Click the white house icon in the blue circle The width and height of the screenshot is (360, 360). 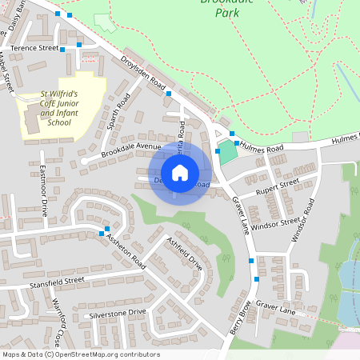(x=180, y=173)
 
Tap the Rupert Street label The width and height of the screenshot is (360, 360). (x=277, y=187)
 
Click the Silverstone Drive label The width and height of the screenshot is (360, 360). (x=118, y=314)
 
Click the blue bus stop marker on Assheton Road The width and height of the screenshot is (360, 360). (x=102, y=233)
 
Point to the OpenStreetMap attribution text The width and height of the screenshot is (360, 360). (x=80, y=354)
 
